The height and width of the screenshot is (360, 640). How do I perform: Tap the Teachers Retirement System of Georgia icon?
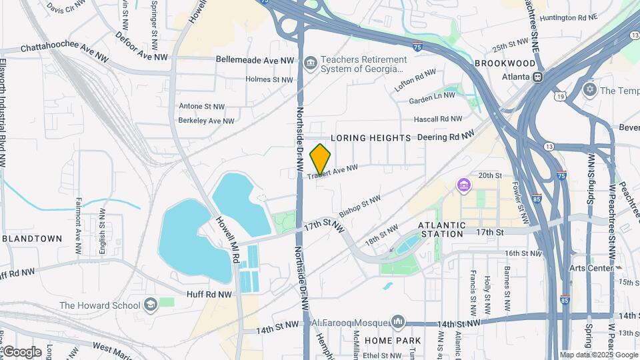click(310, 63)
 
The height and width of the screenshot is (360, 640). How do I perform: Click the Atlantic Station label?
click(441, 229)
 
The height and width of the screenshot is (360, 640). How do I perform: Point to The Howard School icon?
click(151, 305)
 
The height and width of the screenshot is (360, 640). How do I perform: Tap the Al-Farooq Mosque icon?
click(398, 323)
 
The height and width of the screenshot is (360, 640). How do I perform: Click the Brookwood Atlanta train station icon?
click(537, 76)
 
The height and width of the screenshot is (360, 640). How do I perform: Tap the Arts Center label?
click(591, 268)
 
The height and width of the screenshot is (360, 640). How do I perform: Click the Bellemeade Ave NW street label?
click(255, 59)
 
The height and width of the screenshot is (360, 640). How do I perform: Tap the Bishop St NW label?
click(359, 206)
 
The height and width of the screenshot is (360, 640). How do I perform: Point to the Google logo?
click(22, 351)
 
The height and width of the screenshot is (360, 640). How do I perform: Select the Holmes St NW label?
click(269, 79)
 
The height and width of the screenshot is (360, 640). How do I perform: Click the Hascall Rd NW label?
click(437, 119)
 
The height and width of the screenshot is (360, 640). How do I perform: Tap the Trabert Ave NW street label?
click(333, 171)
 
